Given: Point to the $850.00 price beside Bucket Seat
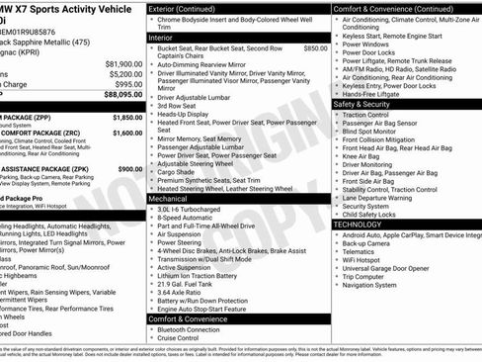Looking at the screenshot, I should pyautogui.click(x=315, y=47).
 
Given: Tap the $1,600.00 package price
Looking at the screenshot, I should pyautogui.click(x=126, y=132).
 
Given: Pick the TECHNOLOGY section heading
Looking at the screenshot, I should pyautogui.click(x=358, y=224).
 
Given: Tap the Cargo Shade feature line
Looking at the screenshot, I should pyautogui.click(x=180, y=171).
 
